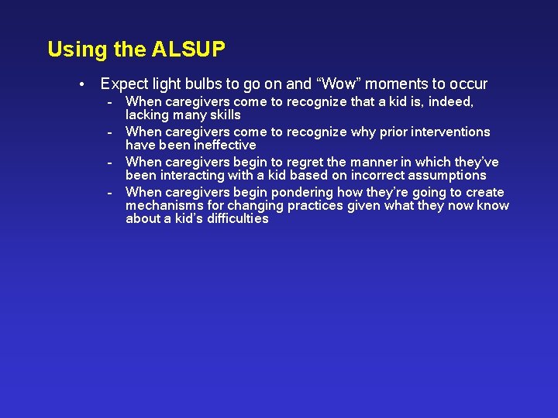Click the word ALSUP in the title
[x=188, y=50]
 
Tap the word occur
[x=467, y=84]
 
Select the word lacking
[x=147, y=115]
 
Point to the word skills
[x=224, y=115]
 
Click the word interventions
[x=450, y=132]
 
